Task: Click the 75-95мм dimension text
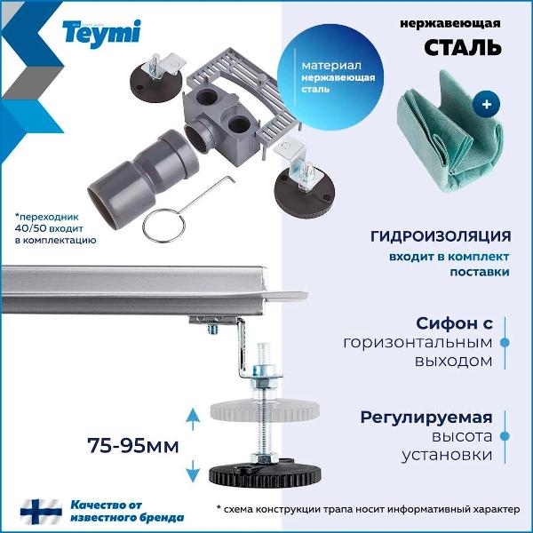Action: pyautogui.click(x=133, y=443)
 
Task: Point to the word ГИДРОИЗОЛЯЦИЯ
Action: pyautogui.click(x=441, y=236)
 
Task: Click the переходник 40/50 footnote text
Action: pyautogui.click(x=54, y=227)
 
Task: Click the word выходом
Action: pyautogui.click(x=452, y=362)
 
